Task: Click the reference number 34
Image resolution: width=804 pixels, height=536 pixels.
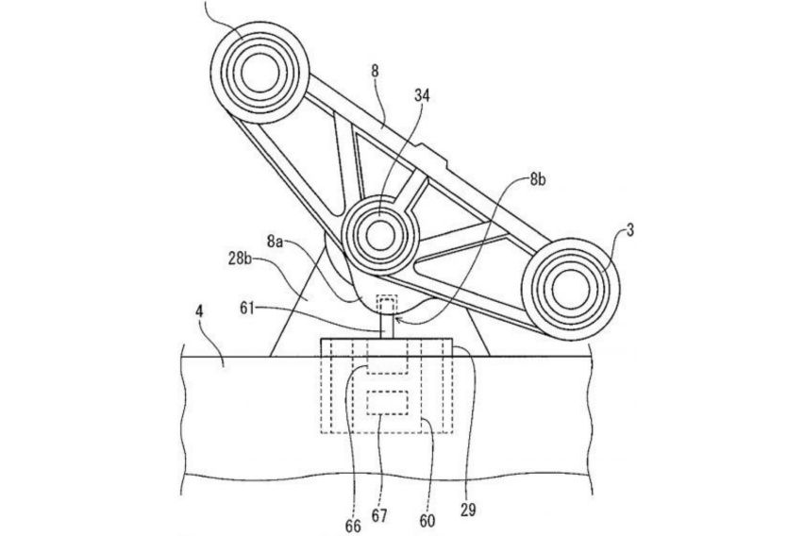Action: [x=422, y=96]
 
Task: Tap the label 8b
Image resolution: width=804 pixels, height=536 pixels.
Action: [x=537, y=180]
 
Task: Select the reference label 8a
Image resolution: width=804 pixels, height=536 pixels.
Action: [x=275, y=241]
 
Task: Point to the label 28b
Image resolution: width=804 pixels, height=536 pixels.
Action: [x=240, y=259]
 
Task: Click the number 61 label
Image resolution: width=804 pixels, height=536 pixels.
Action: [x=247, y=309]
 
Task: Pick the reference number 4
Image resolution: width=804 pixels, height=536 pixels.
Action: [x=199, y=311]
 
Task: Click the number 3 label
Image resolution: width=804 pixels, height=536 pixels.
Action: [x=630, y=231]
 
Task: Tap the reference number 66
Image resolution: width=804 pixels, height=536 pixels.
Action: [x=353, y=526]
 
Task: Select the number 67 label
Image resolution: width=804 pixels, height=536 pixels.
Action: [x=379, y=515]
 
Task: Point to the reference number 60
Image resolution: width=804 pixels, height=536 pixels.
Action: [x=427, y=521]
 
